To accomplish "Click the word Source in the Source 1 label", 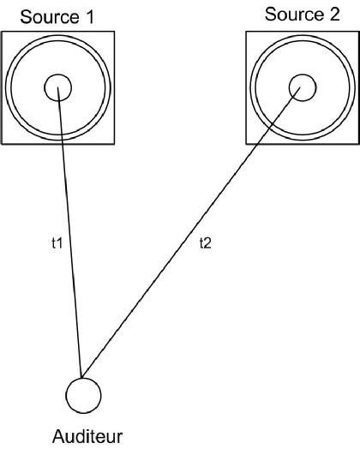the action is (x=50, y=17).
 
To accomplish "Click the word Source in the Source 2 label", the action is (x=294, y=15).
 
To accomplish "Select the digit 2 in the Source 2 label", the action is (x=334, y=15).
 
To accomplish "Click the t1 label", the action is (x=57, y=243).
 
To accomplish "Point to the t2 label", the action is (x=206, y=243).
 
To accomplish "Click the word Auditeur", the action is (x=87, y=436).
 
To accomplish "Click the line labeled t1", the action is (x=70, y=232).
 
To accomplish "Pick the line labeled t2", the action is (x=191, y=232).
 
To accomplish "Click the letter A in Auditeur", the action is (x=58, y=436).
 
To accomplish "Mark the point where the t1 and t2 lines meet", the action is (x=82, y=378).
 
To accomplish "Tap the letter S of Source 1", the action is (x=26, y=17).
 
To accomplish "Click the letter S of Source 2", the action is (x=270, y=15).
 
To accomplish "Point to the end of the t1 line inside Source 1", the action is (x=57, y=87).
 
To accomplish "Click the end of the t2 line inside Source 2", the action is (x=300, y=87).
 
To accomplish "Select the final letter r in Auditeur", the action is (x=120, y=439).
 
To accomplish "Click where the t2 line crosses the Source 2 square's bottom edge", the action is (x=257, y=144).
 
